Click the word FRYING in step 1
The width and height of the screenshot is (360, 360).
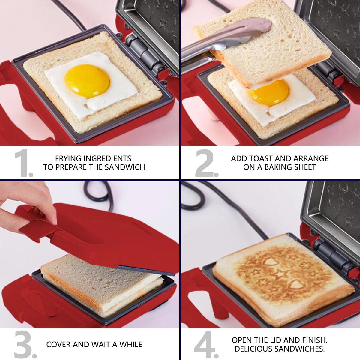coord(68,158)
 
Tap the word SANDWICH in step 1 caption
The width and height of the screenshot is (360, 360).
coord(124,167)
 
